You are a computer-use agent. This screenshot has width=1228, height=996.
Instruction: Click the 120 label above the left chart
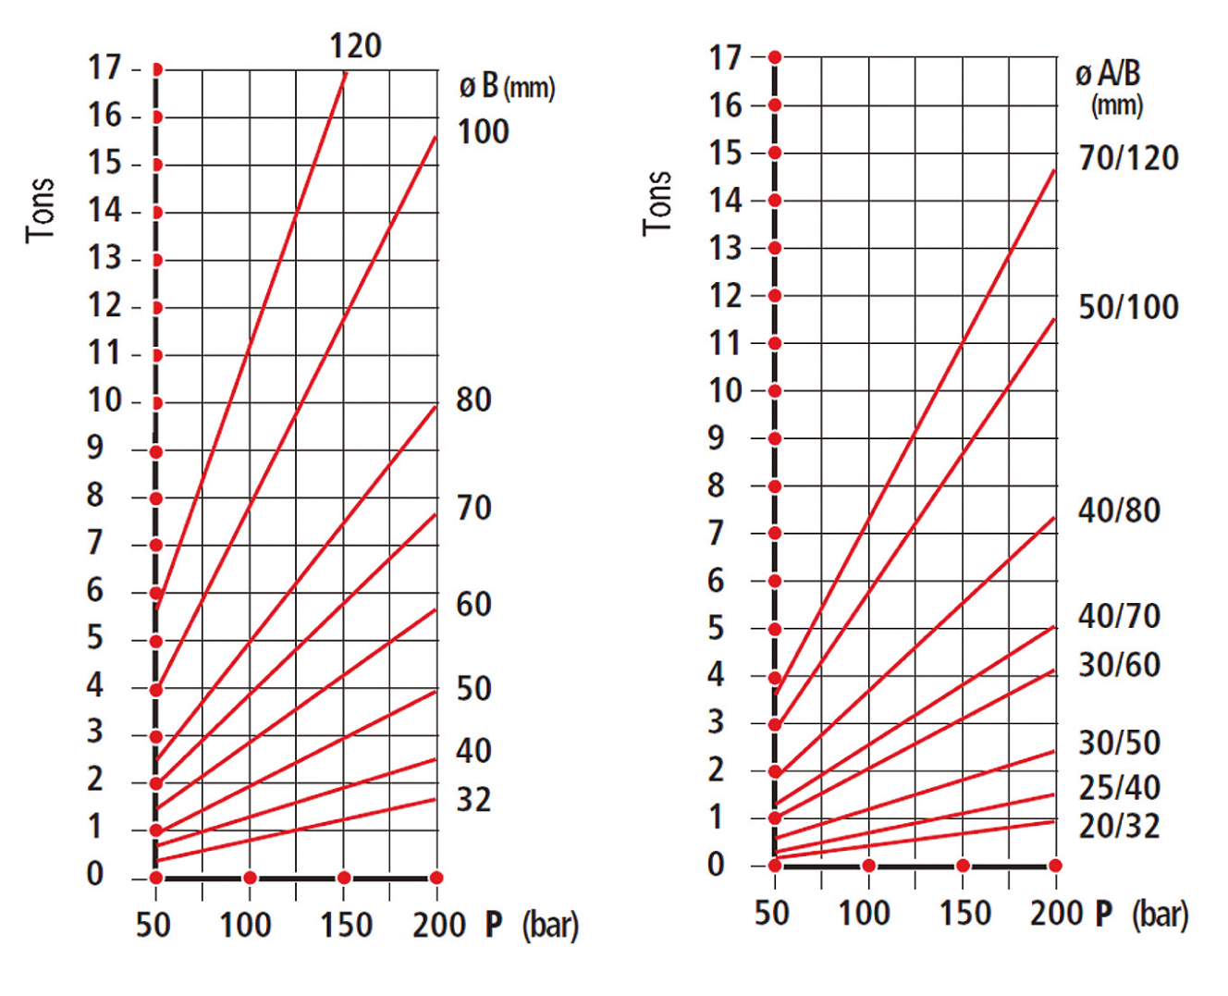coord(355,45)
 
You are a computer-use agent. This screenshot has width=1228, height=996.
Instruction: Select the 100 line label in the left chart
coord(483,132)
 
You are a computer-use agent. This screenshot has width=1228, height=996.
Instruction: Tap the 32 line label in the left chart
coord(473,799)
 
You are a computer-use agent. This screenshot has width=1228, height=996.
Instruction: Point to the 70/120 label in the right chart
coord(1128,158)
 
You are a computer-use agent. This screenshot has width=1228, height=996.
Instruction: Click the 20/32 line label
coord(1119,826)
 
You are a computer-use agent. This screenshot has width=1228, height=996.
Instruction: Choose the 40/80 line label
coord(1119,510)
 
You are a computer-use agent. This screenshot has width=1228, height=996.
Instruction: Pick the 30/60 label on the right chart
coord(1119,665)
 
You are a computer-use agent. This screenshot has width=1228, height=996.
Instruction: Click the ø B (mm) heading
coord(507,87)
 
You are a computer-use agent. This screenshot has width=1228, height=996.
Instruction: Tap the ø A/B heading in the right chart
coord(1108,74)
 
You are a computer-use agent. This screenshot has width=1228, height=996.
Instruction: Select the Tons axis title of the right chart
coord(657,203)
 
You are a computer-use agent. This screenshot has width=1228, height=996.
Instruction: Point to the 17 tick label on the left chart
coord(104,68)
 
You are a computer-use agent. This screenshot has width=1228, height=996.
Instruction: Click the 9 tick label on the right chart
coord(716,437)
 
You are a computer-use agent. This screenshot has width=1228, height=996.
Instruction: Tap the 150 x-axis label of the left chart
coord(346,925)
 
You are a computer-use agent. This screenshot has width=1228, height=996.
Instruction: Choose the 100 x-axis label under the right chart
coord(864,914)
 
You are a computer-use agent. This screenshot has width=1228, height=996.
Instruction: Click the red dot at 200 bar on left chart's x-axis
coord(436,878)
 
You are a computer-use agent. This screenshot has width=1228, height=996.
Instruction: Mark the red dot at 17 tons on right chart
coord(775,57)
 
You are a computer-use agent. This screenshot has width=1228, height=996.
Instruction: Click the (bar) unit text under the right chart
coord(1160,915)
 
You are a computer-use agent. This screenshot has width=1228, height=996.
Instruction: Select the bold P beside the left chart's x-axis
coord(494,924)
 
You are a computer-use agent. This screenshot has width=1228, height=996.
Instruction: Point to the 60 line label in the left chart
coord(473,605)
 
